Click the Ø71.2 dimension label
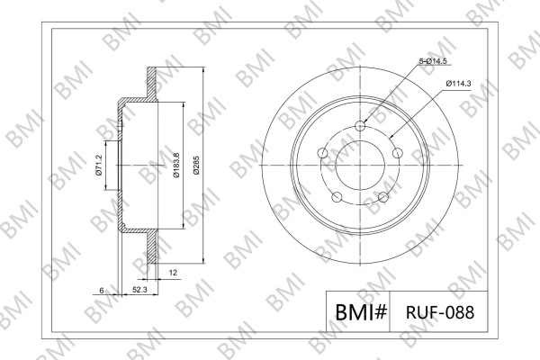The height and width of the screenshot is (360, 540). (x=98, y=166)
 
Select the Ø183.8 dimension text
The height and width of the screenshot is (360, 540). (x=176, y=165)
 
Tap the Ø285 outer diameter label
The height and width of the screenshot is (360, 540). (x=196, y=166)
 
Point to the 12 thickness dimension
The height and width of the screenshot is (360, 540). (x=173, y=273)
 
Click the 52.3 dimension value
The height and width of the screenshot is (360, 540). (x=139, y=290)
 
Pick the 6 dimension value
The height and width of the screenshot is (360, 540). (x=102, y=291)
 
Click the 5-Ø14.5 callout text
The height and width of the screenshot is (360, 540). (x=433, y=61)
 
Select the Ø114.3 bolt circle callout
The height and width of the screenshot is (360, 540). (x=458, y=84)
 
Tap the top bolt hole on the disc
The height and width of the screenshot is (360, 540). (x=360, y=126)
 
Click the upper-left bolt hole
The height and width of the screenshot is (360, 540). (x=323, y=153)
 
